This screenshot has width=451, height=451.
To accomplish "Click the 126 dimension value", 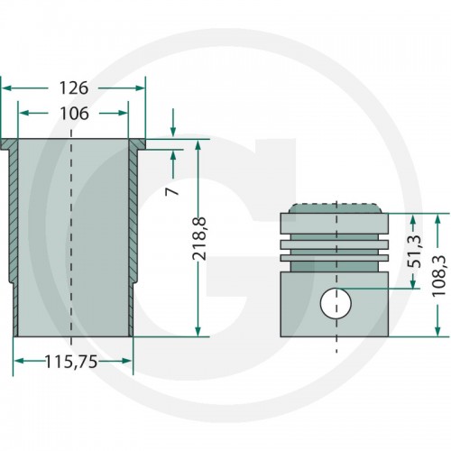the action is coord(74,88).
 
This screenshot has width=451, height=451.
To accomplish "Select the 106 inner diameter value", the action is coord(74,114).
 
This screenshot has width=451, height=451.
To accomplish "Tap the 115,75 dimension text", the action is coord(71,362).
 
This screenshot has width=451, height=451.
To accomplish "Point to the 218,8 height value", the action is coord(199,238).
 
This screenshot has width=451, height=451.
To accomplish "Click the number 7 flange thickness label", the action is coord(171,191).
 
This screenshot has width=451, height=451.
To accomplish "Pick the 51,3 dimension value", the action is coord(417,252).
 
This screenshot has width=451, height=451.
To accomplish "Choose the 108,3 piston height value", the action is coord(438,276).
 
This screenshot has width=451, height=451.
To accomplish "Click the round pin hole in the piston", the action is coord(336,303).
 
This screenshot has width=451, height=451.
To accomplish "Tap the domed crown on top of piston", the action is coord(335,208).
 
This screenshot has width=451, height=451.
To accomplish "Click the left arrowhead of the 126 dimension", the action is coord(6,88).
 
